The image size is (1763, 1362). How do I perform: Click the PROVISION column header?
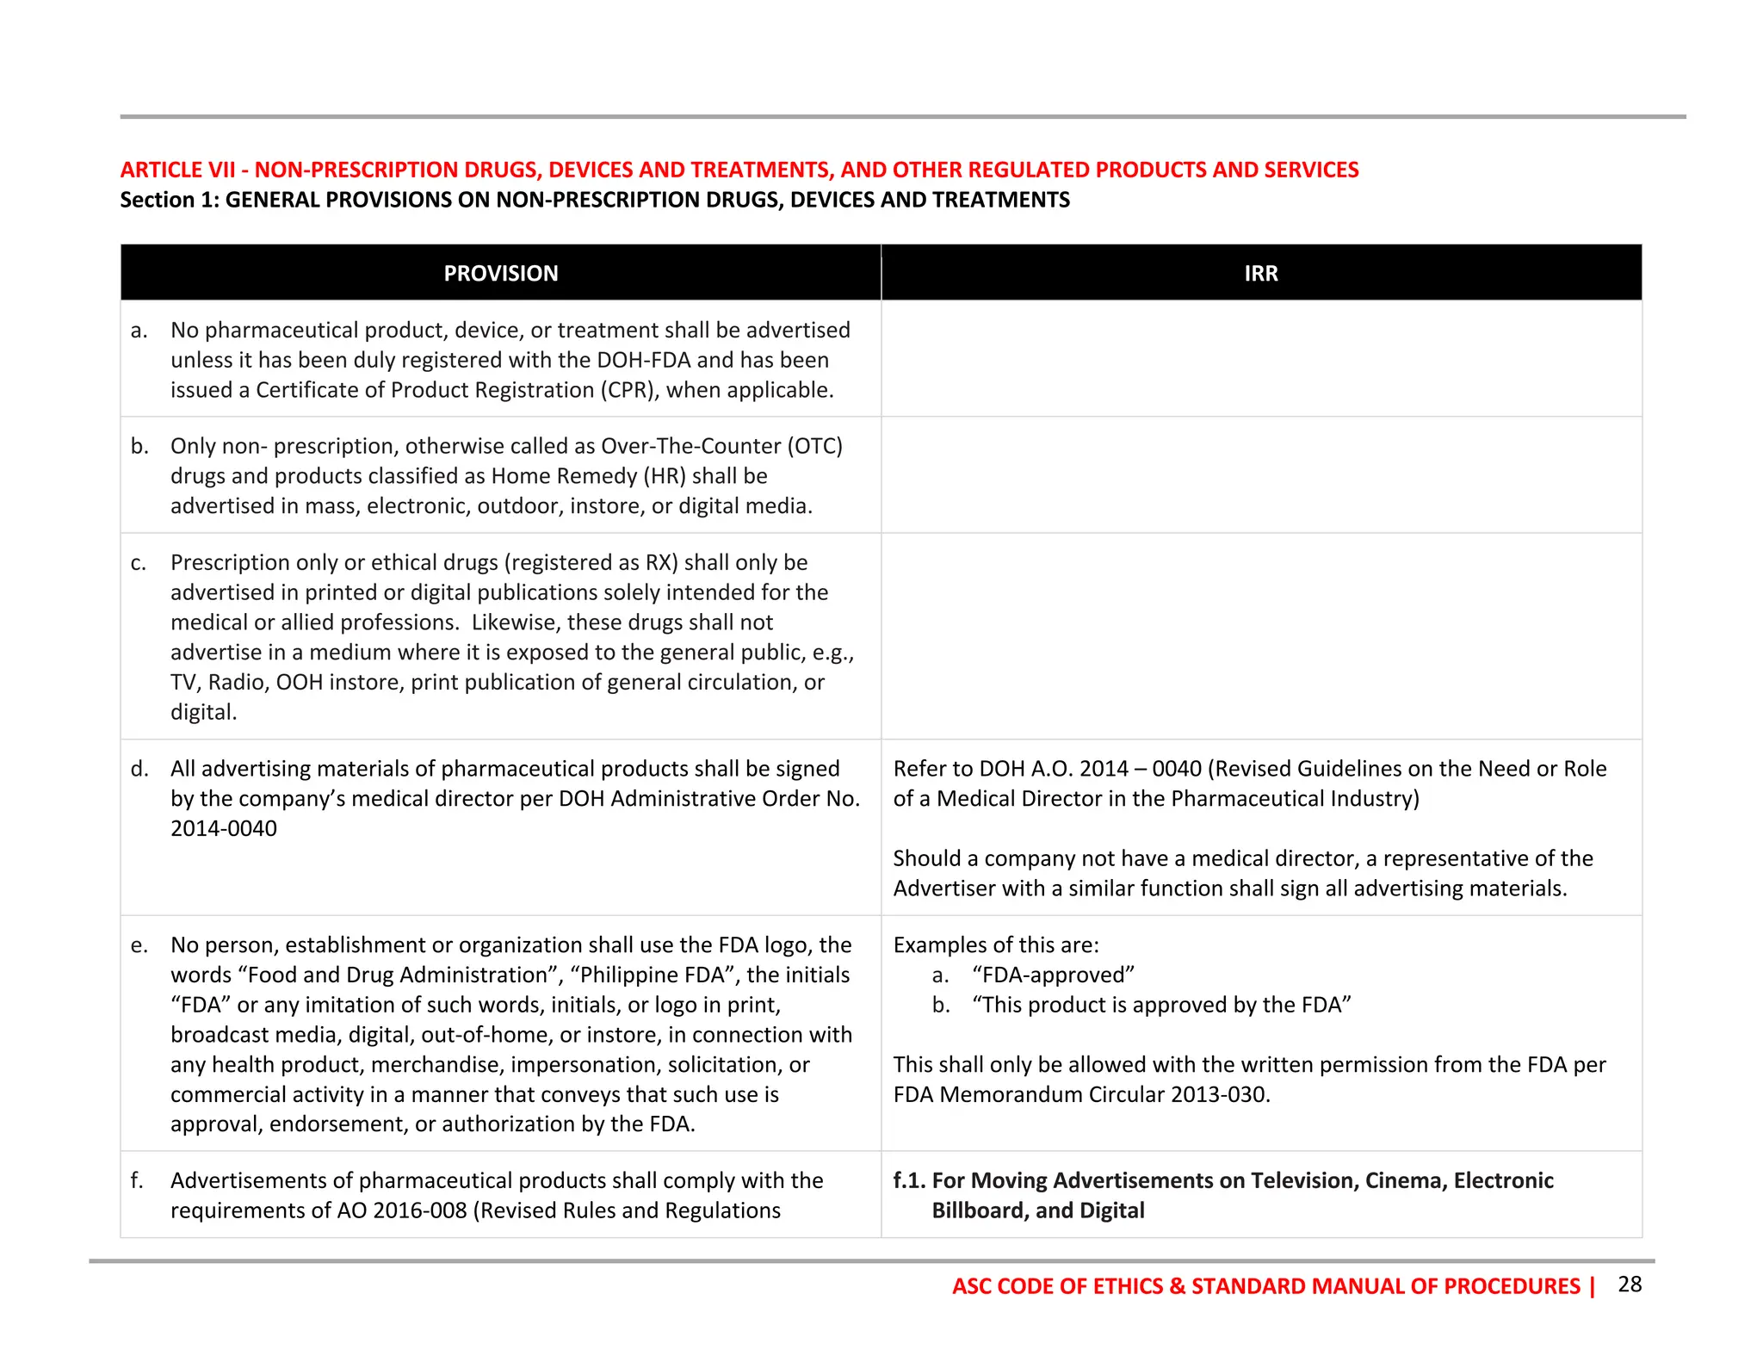pyautogui.click(x=500, y=273)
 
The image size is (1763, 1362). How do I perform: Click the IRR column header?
pyautogui.click(x=1260, y=273)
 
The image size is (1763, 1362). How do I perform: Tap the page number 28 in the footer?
pyautogui.click(x=1630, y=1284)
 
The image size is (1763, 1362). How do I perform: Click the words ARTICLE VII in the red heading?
pyautogui.click(x=177, y=170)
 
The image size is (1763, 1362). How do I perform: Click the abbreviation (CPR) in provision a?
pyautogui.click(x=629, y=390)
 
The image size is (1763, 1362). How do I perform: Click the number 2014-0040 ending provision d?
pyautogui.click(x=224, y=828)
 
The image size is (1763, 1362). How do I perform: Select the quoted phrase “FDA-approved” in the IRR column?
pyautogui.click(x=1054, y=975)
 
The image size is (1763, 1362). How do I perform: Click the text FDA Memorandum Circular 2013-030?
pyautogui.click(x=1081, y=1094)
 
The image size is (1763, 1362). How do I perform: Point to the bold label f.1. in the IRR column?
pyautogui.click(x=909, y=1180)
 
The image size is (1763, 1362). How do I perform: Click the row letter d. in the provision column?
pyautogui.click(x=139, y=769)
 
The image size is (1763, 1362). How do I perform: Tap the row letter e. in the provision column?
pyautogui.click(x=139, y=945)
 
